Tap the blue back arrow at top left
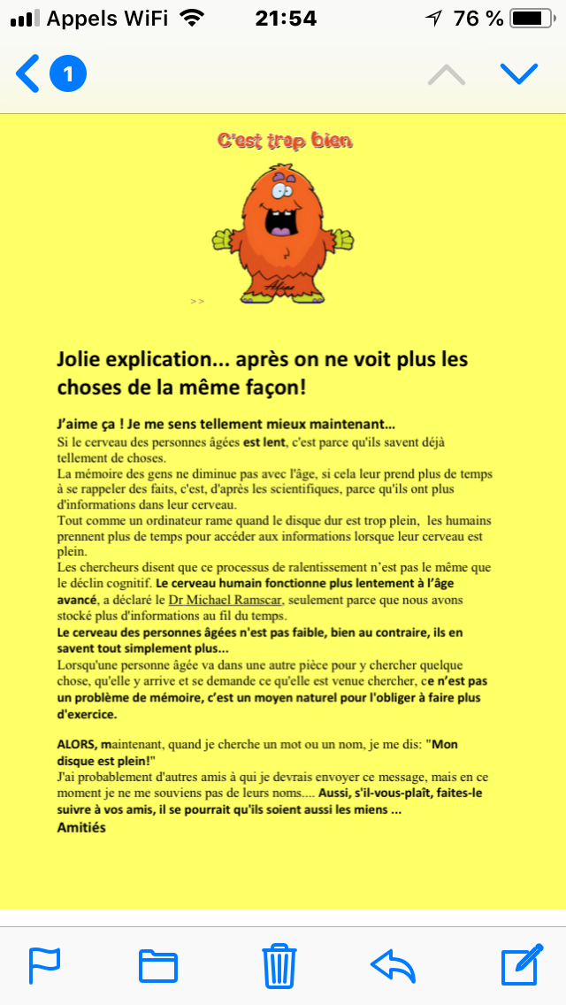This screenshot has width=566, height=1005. [27, 74]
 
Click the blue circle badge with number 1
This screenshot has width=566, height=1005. [68, 74]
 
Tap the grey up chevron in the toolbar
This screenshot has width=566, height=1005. [447, 74]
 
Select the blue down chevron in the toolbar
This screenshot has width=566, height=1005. [519, 74]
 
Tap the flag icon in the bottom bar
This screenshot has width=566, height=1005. [44, 965]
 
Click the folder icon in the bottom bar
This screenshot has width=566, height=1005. [158, 965]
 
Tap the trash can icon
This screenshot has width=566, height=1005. [279, 965]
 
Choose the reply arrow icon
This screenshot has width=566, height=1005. [394, 965]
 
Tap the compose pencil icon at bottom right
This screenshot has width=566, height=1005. [521, 965]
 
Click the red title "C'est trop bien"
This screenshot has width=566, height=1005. [285, 141]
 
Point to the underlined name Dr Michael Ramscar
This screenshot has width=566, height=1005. [226, 601]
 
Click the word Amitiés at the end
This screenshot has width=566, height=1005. [81, 827]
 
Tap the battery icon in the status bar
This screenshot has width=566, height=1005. [531, 18]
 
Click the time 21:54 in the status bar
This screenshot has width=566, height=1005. [285, 18]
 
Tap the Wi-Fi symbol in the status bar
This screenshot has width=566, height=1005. [190, 18]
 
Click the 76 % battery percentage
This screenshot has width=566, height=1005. [478, 18]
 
